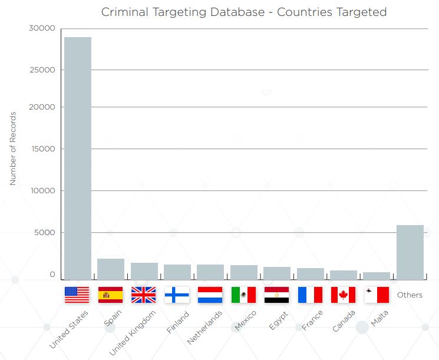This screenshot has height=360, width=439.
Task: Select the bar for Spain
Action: tap(111, 269)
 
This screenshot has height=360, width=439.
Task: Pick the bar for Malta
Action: tap(377, 275)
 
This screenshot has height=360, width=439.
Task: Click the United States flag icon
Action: tap(77, 295)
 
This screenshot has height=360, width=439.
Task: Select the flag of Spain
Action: tap(110, 295)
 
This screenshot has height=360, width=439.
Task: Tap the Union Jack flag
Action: tap(143, 295)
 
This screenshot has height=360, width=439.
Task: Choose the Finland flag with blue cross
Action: tap(177, 295)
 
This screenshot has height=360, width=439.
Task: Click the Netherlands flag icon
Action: tap(210, 295)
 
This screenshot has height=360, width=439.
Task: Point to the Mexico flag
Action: tap(243, 295)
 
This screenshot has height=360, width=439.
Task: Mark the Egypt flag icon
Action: tap(276, 295)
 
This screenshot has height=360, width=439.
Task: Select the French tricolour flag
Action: tap(310, 295)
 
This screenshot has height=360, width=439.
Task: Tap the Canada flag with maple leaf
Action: tap(343, 295)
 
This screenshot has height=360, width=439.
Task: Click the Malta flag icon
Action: tap(377, 295)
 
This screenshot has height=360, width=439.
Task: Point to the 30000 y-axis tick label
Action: tap(42, 28)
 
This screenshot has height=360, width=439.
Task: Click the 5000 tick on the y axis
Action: tap(44, 233)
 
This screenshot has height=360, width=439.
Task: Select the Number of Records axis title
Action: tap(13, 148)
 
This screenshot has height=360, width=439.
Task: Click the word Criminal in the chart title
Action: tap(123, 12)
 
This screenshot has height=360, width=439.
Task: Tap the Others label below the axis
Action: tap(410, 295)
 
